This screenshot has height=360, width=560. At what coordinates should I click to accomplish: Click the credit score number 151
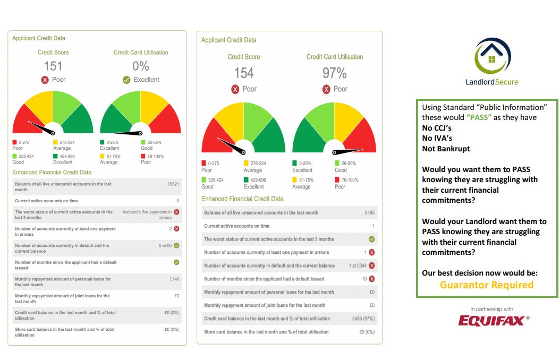pyautogui.click(x=53, y=66)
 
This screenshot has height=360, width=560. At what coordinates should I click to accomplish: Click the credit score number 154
pyautogui.click(x=244, y=73)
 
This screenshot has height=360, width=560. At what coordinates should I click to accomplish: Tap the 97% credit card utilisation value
pyautogui.click(x=334, y=73)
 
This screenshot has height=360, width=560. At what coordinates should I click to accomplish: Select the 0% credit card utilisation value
pyautogui.click(x=141, y=66)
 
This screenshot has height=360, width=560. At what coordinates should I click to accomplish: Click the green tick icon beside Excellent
pyautogui.click(x=126, y=80)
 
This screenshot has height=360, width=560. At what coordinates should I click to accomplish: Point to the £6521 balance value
pyautogui.click(x=173, y=183)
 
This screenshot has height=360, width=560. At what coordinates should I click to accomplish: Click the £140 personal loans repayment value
pyautogui.click(x=174, y=279)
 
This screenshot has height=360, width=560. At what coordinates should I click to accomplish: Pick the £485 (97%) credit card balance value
pyautogui.click(x=363, y=319)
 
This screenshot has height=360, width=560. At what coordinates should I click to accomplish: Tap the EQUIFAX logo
pyautogui.click(x=494, y=320)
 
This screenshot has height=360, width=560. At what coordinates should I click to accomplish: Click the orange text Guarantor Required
pyautogui.click(x=486, y=285)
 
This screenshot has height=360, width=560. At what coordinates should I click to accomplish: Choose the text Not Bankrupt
pyautogui.click(x=446, y=149)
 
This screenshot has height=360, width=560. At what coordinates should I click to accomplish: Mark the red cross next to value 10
pyautogui.click(x=372, y=279)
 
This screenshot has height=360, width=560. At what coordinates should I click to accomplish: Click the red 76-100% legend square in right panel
pyautogui.click(x=337, y=179)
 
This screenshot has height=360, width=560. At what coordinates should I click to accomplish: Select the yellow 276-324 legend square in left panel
pyautogui.click(x=56, y=142)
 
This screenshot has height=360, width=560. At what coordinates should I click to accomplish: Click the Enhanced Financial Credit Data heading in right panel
pyautogui.click(x=242, y=199)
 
